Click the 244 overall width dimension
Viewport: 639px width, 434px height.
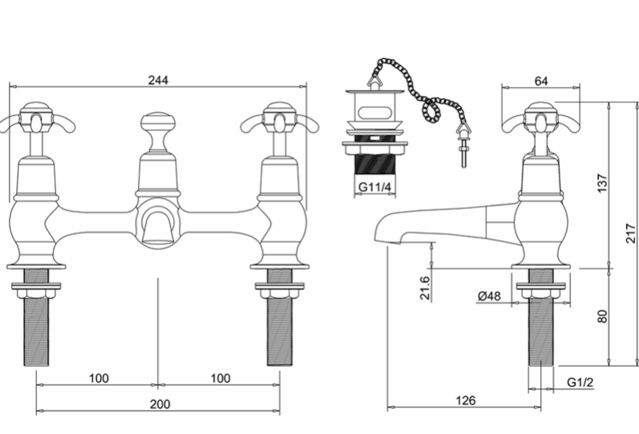click(158, 80)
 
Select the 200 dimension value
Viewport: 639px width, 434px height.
click(160, 404)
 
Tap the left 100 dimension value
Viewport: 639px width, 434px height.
click(99, 378)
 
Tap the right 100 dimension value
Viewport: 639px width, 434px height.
click(220, 378)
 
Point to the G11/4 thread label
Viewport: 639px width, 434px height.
click(374, 187)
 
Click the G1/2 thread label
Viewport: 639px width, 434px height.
click(580, 382)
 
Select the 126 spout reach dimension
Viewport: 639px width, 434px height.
click(465, 400)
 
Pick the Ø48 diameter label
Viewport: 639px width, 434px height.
click(489, 296)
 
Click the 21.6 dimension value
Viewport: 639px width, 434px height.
click(425, 287)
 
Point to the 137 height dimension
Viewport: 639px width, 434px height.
click(602, 183)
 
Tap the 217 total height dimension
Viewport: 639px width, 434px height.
click(631, 233)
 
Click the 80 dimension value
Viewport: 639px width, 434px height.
click(602, 316)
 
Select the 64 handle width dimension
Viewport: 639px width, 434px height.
click(541, 81)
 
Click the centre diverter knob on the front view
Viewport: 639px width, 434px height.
click(158, 123)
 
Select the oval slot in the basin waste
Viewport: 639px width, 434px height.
click(374, 111)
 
